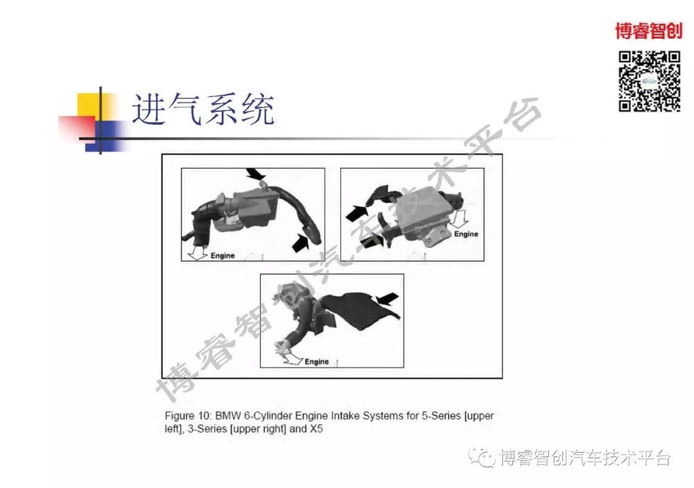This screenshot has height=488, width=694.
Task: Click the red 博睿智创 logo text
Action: [648, 30]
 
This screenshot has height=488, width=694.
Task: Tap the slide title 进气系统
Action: [203, 109]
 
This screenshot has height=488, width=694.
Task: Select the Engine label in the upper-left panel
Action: [223, 255]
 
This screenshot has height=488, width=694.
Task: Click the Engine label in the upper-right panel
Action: [466, 234]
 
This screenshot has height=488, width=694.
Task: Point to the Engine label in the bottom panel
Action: [317, 361]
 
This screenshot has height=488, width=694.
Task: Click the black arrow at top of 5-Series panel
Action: [255, 173]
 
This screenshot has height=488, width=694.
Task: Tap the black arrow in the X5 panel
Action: [387, 298]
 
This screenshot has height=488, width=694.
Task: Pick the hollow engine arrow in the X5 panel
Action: [292, 359]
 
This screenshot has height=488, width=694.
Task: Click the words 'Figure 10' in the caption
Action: [187, 416]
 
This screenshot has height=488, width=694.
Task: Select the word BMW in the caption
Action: [229, 416]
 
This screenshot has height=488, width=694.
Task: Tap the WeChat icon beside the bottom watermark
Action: [482, 457]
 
